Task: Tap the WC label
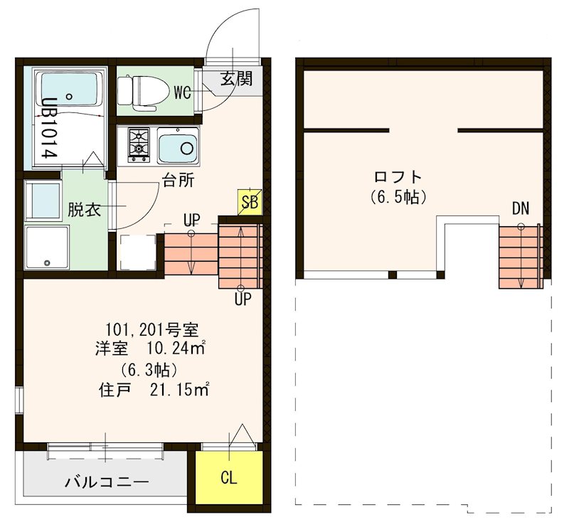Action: tap(181, 92)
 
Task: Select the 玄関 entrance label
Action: tap(235, 78)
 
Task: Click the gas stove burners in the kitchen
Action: tap(138, 142)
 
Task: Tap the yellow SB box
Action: tap(250, 203)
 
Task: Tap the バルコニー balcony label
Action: tap(107, 483)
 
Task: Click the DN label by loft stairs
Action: tap(520, 208)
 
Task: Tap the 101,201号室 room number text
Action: tap(151, 329)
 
